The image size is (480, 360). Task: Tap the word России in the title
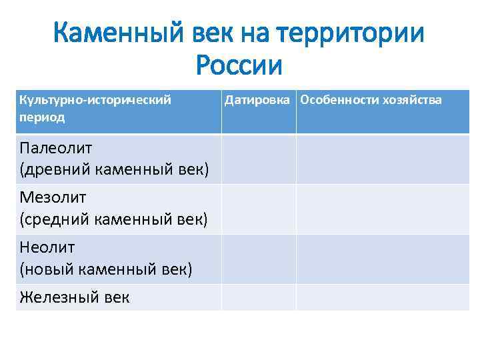tap(240, 65)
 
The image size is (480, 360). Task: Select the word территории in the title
tap(356, 33)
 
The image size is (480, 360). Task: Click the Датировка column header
tap(259, 100)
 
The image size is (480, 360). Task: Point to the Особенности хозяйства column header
tap(371, 100)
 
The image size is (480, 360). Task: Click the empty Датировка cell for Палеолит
tap(259, 159)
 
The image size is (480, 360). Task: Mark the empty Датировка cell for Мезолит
tap(259, 209)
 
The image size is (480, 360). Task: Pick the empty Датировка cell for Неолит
tap(259, 259)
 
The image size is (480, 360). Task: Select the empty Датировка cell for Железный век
tap(259, 297)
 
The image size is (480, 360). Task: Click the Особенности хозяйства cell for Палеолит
tap(383, 159)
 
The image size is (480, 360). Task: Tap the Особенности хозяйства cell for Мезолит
tap(383, 209)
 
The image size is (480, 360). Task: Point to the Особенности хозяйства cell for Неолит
tap(383, 259)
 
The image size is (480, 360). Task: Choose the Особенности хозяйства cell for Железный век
tap(383, 297)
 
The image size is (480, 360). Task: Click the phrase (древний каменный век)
tap(115, 169)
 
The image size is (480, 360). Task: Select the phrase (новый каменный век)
tap(106, 269)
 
